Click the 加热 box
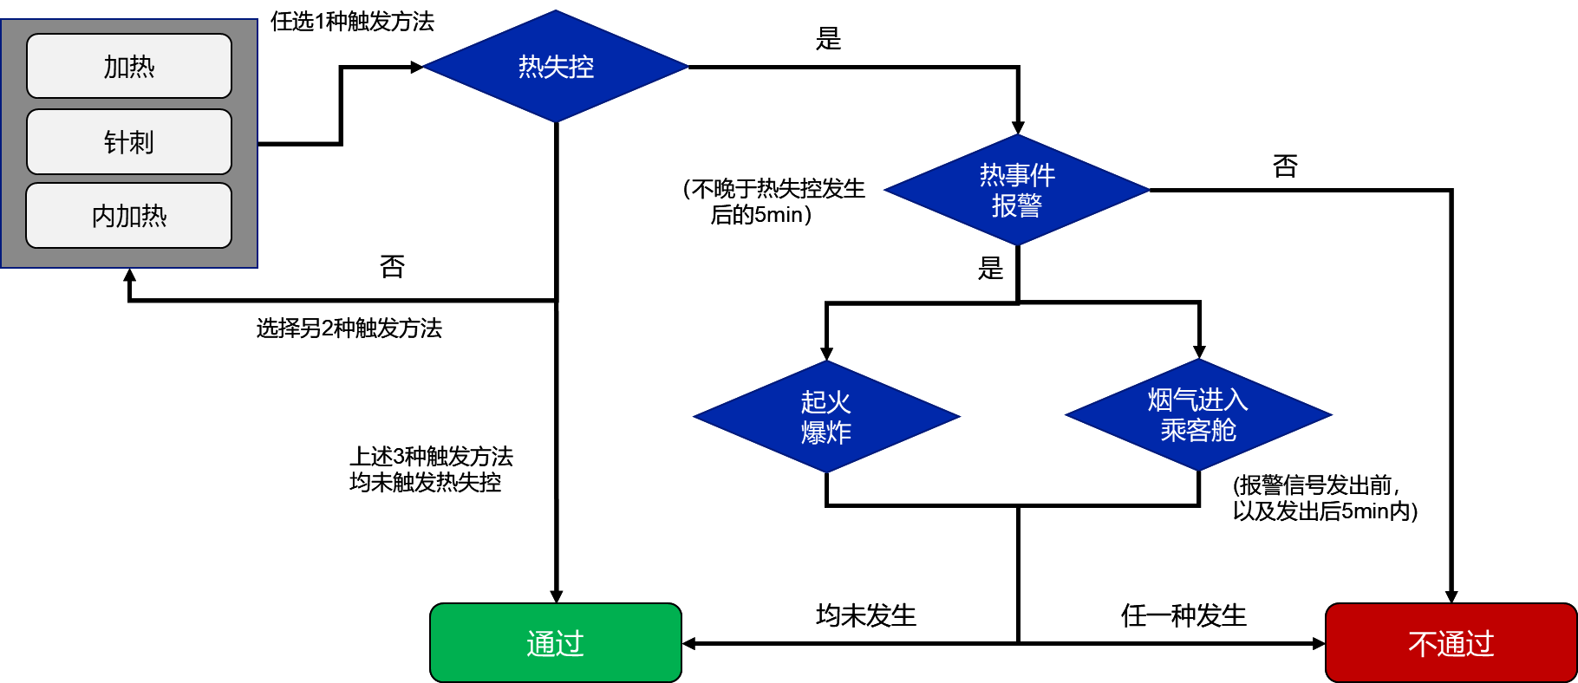coord(129,66)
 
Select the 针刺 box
coord(129,141)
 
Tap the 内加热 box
coord(129,216)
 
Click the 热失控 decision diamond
coord(556,67)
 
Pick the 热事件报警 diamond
coord(1017,190)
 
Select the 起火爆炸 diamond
coord(826,417)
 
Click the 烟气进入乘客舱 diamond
coord(1198,415)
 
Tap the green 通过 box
coord(556,643)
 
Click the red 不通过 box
coord(1451,643)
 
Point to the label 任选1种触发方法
coord(352,21)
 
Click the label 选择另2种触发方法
coord(349,328)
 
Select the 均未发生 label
coord(865,615)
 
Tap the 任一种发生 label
coord(1183,615)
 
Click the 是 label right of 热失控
coord(828,38)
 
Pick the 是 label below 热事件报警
coord(990,268)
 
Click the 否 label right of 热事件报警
coord(1285,166)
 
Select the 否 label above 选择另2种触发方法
coord(392,266)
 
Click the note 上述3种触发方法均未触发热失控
coord(431,469)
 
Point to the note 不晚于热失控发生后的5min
coord(773,201)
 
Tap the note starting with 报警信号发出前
coord(1325,498)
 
